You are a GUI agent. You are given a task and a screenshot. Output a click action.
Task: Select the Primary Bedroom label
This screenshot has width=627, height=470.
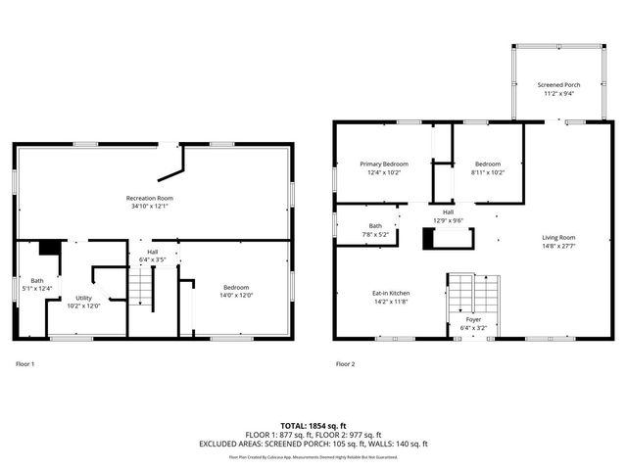tap(383, 164)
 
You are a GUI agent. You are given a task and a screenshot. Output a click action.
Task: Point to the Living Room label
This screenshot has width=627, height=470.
tap(559, 238)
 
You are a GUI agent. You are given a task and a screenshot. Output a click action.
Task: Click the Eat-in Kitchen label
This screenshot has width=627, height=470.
tap(391, 294)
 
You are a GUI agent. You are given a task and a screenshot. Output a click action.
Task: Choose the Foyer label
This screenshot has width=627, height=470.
tap(473, 319)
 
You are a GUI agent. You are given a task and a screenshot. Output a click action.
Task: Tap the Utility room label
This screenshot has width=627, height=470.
tap(85, 297)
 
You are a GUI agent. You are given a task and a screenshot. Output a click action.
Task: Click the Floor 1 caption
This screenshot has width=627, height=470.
tap(25, 364)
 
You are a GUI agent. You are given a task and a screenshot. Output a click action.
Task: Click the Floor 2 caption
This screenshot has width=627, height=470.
tap(345, 364)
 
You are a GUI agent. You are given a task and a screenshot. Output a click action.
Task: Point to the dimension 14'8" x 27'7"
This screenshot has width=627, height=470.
tap(559, 247)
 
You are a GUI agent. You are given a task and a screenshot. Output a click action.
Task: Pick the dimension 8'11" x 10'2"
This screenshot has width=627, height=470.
tap(488, 172)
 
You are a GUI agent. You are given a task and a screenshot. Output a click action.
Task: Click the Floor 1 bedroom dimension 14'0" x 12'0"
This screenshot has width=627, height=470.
tap(235, 296)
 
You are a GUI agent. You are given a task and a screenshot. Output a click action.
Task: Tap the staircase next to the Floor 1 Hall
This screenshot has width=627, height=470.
tap(144, 290)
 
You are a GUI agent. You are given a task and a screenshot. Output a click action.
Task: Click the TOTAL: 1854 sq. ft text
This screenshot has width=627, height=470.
tap(313, 425)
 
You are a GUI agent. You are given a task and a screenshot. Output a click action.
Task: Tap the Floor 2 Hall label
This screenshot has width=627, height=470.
tap(448, 211)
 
